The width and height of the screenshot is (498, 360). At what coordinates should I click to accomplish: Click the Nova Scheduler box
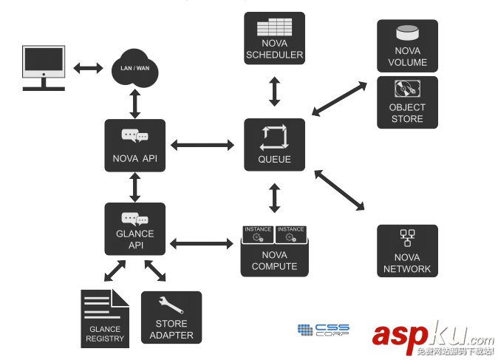[274, 38]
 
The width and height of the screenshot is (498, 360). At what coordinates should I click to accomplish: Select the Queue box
[274, 145]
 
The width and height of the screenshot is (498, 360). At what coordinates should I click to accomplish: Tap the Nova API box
[134, 146]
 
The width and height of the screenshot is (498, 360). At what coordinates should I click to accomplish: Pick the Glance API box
[134, 229]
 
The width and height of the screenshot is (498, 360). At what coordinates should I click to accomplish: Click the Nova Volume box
[407, 46]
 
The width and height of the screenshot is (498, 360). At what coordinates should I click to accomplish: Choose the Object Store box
[407, 102]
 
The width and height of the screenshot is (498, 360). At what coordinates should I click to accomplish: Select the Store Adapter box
[171, 318]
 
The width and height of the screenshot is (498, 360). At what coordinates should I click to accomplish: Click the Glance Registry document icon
[105, 319]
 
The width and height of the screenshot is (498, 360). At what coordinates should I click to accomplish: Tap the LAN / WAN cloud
[135, 69]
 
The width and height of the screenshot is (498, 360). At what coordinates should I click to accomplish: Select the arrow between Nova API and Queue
[202, 145]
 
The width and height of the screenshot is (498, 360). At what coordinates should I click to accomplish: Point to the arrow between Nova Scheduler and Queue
[274, 91]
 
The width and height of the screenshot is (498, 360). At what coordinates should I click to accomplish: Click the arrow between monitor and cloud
[88, 68]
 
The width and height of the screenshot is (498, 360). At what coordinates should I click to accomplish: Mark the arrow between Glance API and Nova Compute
[202, 242]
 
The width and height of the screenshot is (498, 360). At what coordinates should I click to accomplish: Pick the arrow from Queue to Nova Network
[340, 191]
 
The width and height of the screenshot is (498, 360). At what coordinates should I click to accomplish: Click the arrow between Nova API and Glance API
[134, 188]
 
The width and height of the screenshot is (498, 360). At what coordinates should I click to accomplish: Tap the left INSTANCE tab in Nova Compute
[258, 234]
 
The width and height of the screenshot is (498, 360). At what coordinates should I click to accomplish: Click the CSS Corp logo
[323, 330]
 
